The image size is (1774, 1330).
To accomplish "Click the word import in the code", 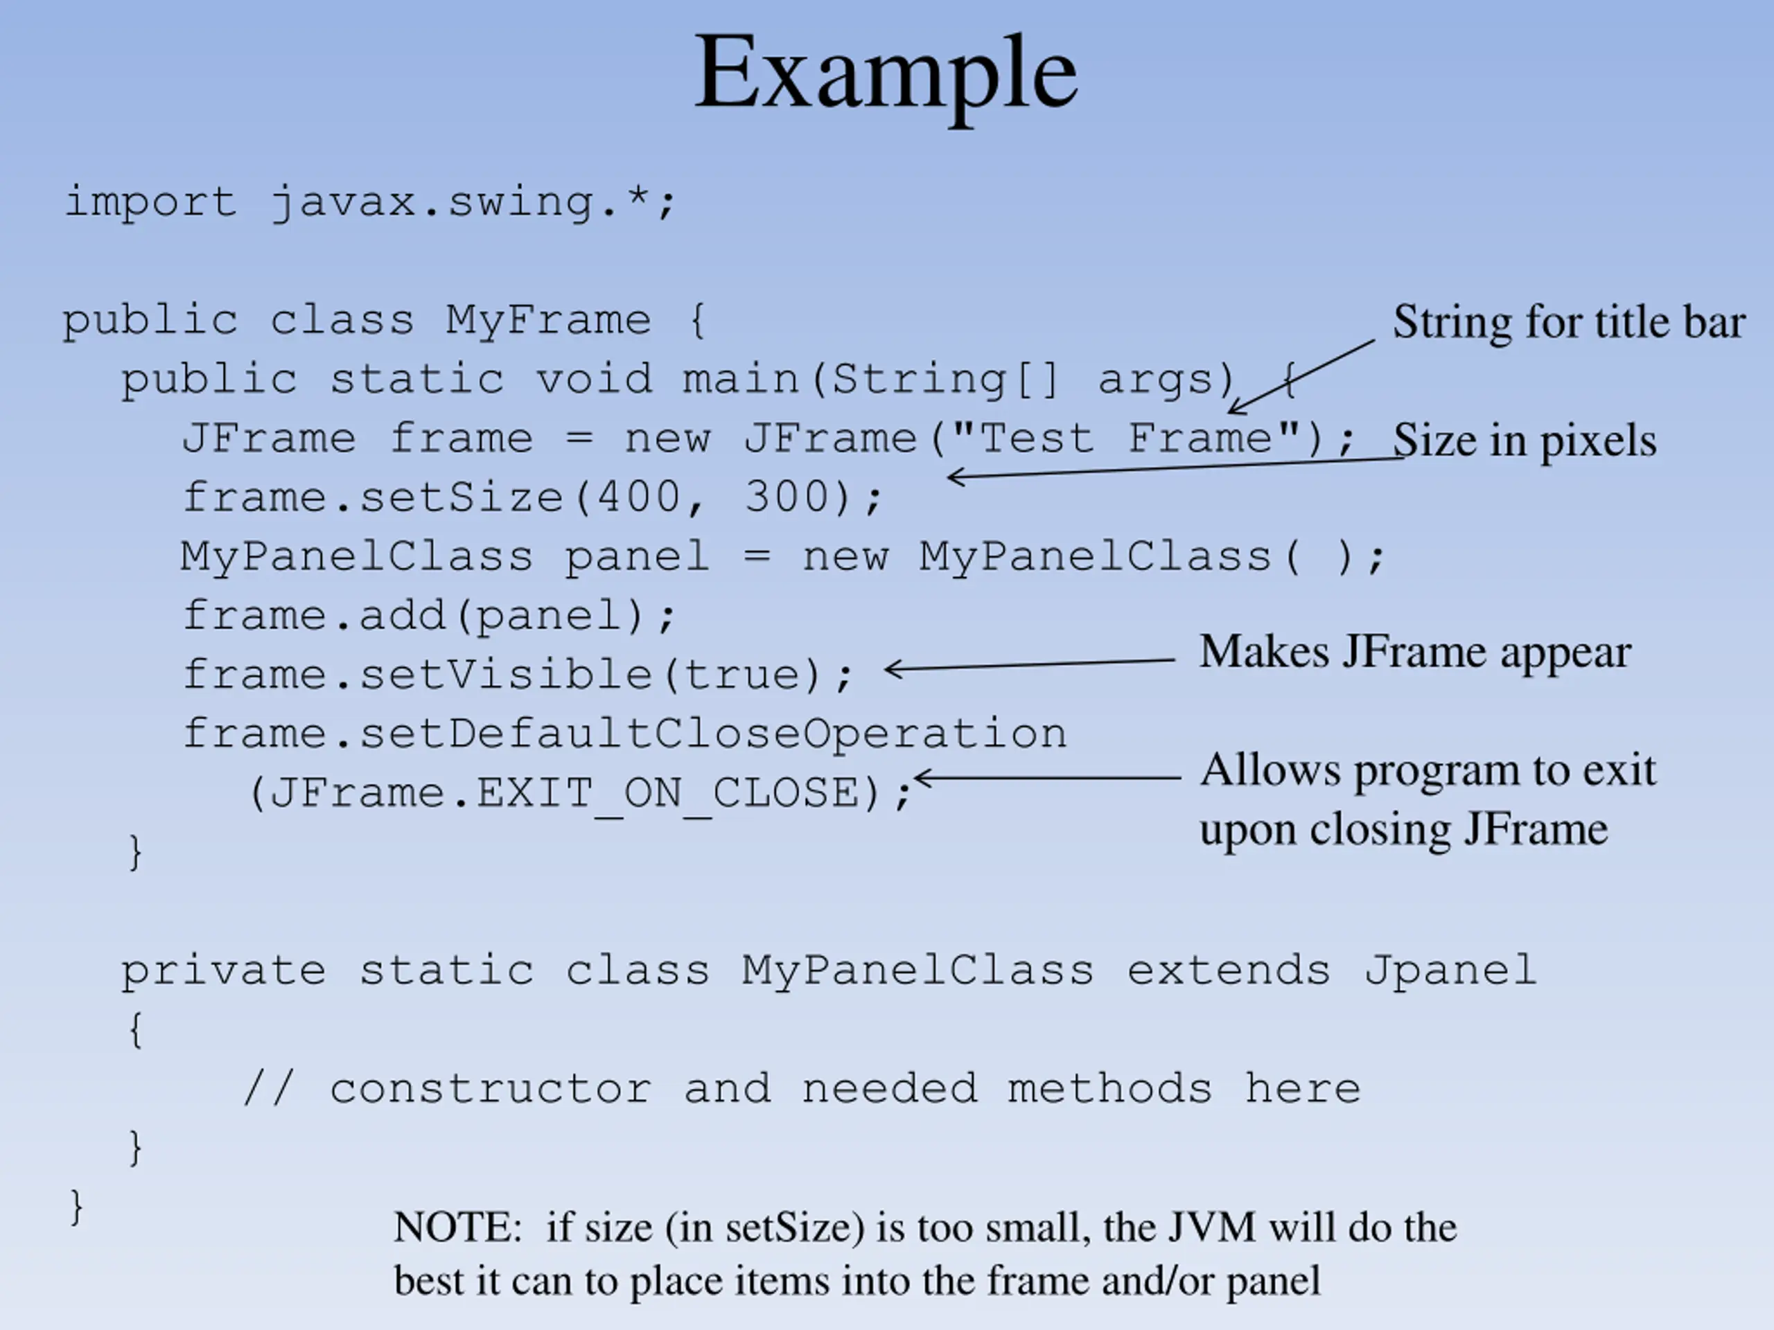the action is point(151,202).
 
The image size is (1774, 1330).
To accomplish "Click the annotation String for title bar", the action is point(1569,322).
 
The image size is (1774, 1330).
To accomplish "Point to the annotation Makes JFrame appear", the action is point(1416,652).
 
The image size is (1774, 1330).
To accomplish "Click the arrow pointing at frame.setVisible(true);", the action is point(1030,664).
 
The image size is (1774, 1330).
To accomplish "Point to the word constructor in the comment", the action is point(491,1089).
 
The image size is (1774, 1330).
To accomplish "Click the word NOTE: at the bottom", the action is point(458,1227).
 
